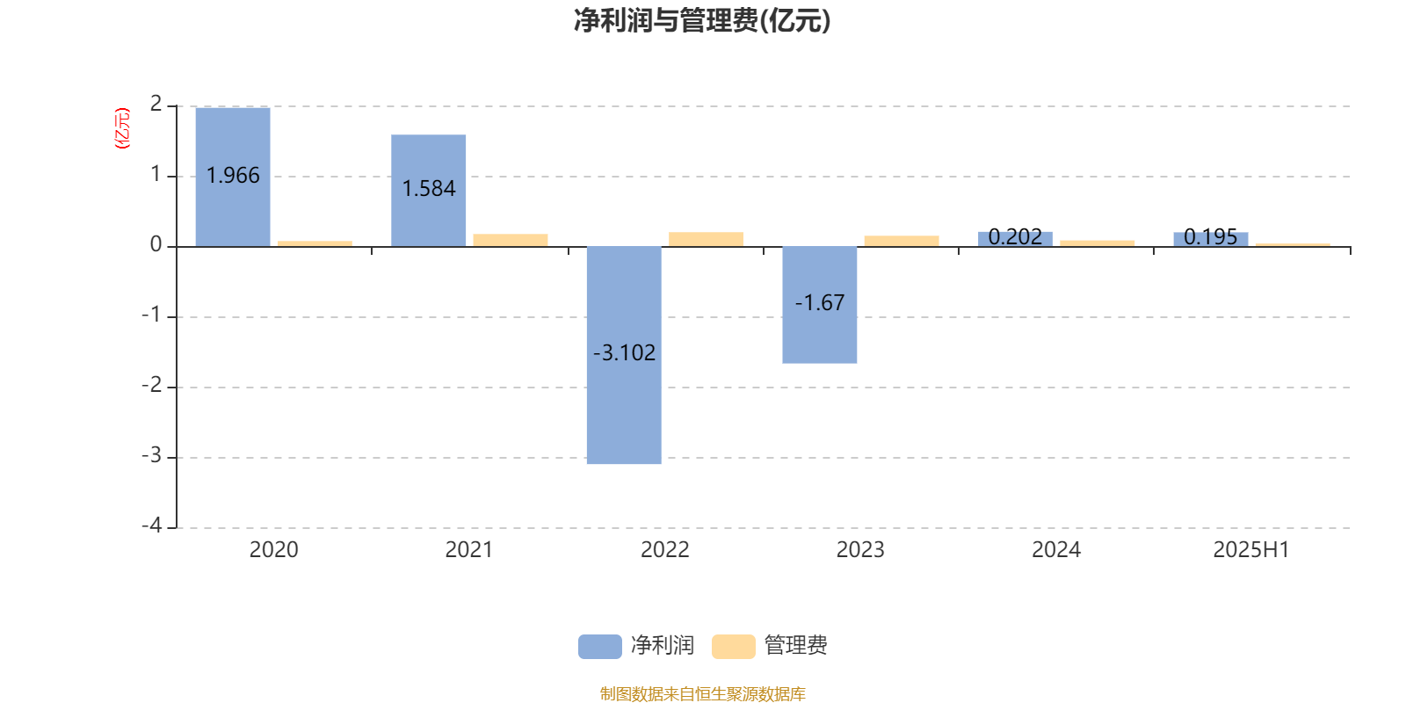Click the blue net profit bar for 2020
click(x=233, y=177)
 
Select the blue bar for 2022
click(x=624, y=355)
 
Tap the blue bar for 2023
click(x=819, y=305)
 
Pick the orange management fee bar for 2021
click(x=511, y=241)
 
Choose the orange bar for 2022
click(x=707, y=239)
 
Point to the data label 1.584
click(x=429, y=188)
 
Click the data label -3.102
click(x=624, y=352)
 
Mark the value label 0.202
click(x=1015, y=236)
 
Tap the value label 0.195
click(x=1210, y=236)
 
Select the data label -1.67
click(x=819, y=302)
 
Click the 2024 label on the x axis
click(x=1055, y=550)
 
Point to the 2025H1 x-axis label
click(x=1251, y=550)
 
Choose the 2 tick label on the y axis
click(x=156, y=105)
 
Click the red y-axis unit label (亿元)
click(x=122, y=128)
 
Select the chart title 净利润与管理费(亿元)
click(x=702, y=21)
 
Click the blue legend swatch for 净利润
click(x=600, y=647)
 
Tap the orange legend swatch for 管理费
click(x=733, y=647)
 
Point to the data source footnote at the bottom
click(x=702, y=693)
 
